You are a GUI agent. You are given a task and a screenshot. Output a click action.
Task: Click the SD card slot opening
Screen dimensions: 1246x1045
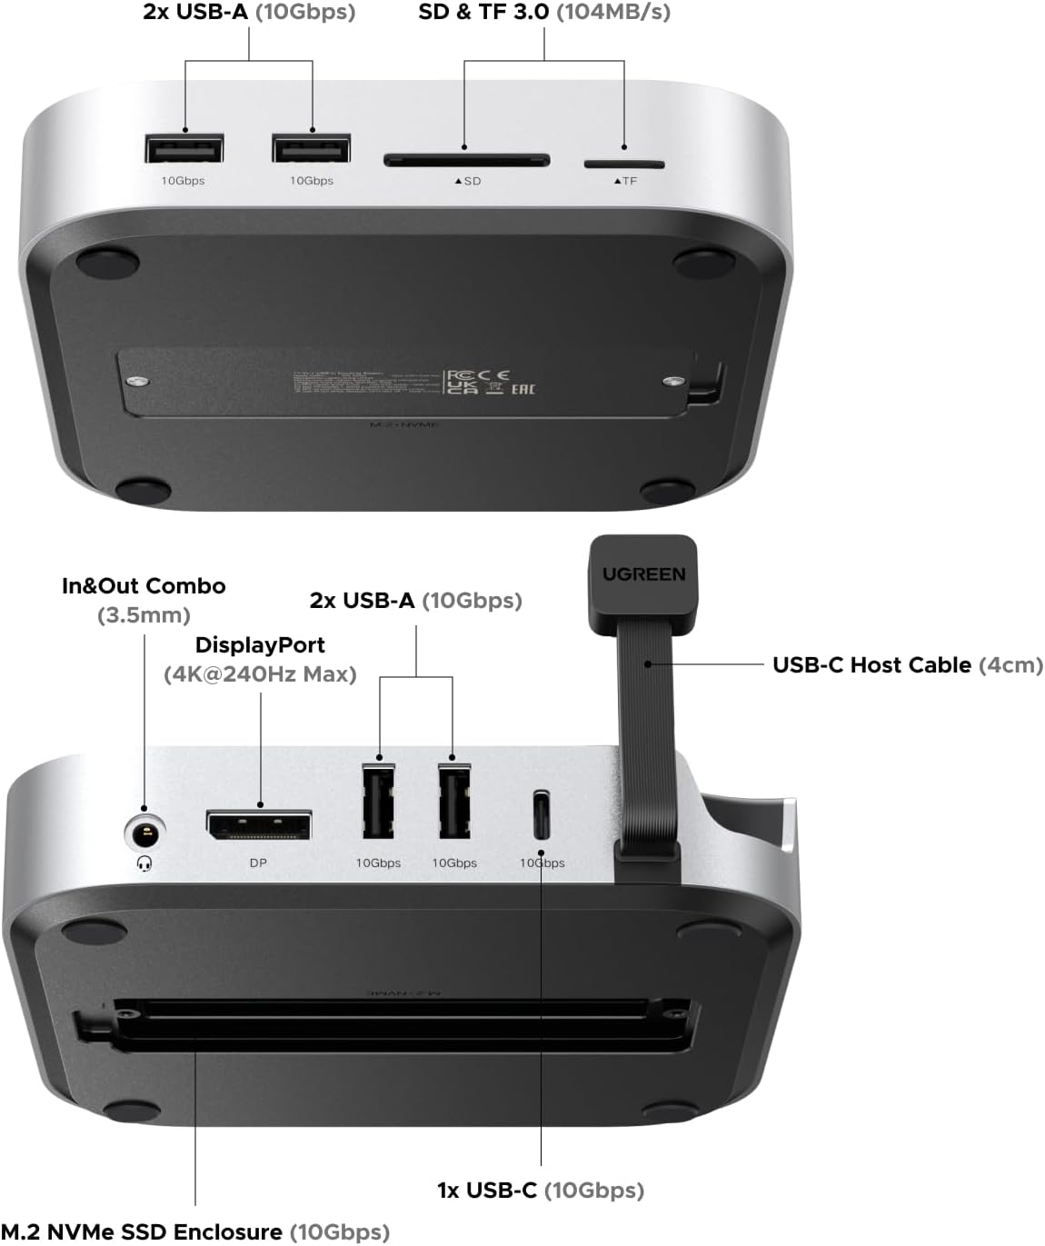466,161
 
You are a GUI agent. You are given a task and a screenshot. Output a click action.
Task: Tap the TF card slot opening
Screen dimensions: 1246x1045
623,164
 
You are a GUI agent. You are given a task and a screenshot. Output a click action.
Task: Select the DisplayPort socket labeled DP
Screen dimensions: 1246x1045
259,825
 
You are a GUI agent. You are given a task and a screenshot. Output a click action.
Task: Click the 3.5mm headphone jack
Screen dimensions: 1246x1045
144,831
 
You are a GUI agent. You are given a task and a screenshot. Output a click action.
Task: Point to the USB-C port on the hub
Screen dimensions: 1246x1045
542,815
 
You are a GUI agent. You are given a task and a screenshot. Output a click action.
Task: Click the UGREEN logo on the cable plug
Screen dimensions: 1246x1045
644,574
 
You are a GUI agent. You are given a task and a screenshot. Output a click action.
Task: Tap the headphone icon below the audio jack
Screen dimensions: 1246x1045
144,862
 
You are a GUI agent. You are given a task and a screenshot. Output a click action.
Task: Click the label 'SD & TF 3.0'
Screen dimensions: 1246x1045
483,13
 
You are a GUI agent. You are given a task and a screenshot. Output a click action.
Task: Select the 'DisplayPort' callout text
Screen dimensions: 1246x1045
260,645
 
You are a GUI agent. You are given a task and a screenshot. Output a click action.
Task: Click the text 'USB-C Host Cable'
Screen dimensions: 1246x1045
871,665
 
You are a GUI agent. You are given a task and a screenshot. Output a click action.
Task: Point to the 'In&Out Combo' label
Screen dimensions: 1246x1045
144,586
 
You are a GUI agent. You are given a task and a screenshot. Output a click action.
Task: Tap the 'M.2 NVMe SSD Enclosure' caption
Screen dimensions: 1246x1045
142,1232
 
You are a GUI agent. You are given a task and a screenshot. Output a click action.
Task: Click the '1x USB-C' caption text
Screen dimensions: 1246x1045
487,1191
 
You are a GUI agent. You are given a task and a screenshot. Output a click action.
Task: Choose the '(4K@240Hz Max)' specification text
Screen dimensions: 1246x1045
260,674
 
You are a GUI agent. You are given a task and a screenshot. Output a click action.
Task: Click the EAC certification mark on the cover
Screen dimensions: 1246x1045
523,389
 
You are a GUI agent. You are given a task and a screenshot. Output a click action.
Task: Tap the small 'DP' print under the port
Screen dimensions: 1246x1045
258,862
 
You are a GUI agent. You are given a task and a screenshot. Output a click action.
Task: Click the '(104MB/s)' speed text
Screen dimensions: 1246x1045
613,13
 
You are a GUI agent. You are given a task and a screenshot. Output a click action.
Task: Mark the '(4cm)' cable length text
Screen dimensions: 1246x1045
1010,665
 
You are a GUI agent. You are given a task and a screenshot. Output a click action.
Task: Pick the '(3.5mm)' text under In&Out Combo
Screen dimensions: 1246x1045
144,615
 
